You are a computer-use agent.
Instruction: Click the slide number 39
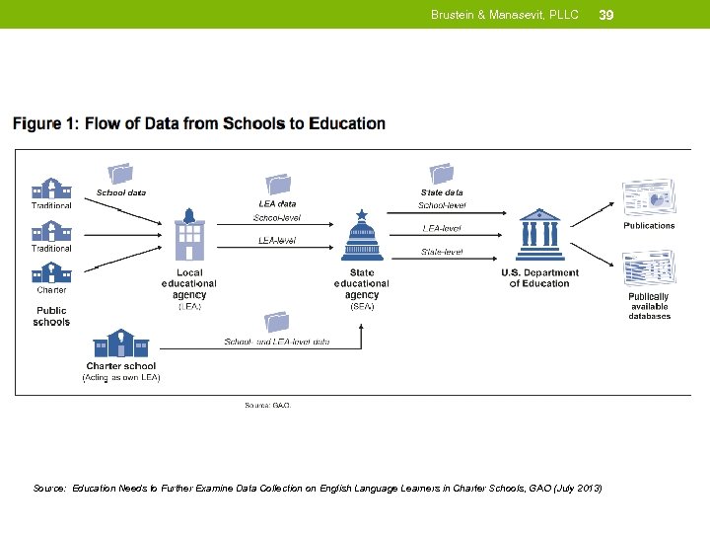606,15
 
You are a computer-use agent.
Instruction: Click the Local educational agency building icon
189,237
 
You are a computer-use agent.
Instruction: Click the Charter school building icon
120,344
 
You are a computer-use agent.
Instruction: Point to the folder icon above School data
120,173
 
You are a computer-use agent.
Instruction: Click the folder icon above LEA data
277,185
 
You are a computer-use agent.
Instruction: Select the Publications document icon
648,197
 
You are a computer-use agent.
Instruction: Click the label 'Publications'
649,226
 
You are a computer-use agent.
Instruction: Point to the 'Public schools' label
51,316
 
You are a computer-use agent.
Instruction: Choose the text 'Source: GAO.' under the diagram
267,404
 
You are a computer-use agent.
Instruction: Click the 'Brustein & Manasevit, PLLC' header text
504,15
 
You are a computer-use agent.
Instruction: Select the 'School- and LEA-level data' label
277,342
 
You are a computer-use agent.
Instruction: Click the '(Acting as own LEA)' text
120,377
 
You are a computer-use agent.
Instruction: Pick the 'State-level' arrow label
441,252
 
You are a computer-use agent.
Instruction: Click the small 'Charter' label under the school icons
51,290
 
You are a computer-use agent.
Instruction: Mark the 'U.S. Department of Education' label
539,278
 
